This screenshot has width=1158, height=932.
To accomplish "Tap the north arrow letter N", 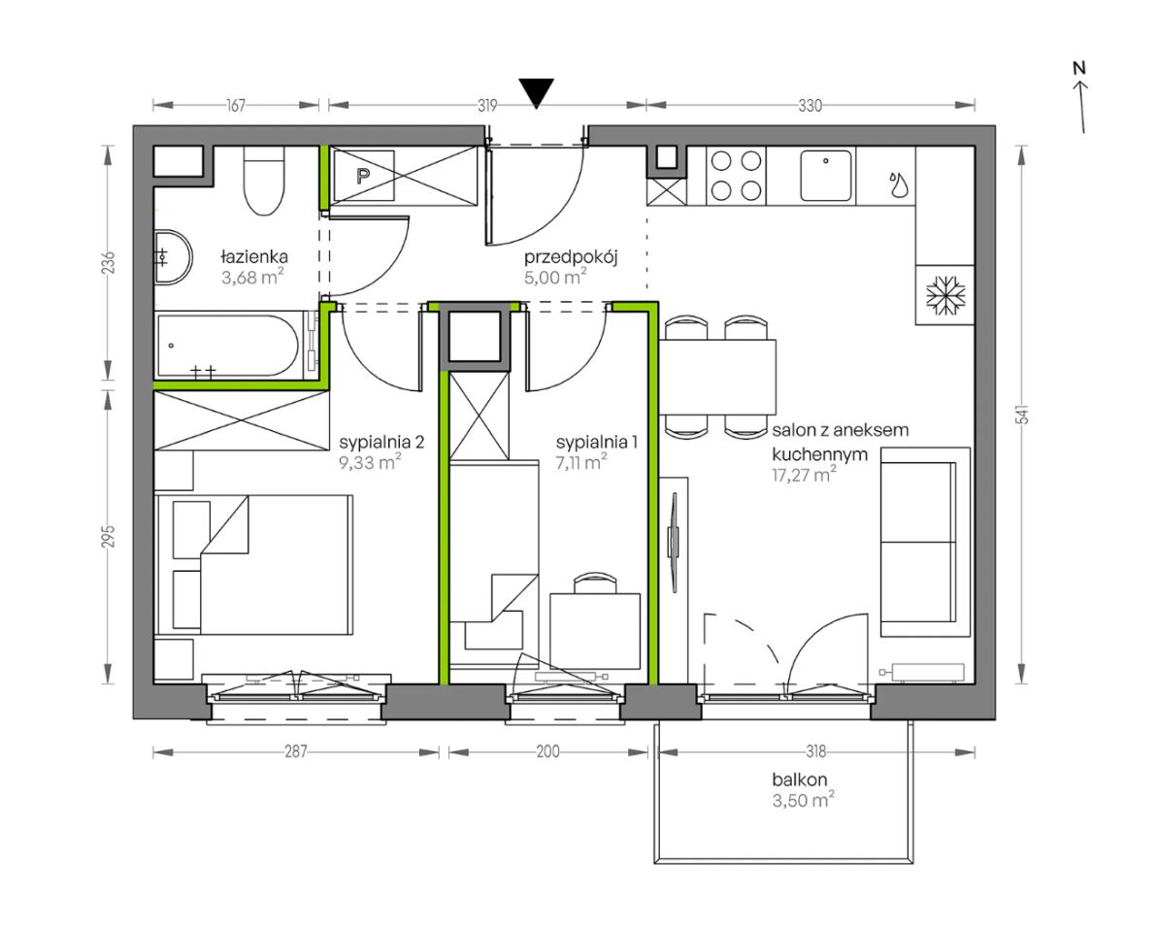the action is click(x=1079, y=68).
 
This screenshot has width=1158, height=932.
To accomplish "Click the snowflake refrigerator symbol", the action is click(x=945, y=294).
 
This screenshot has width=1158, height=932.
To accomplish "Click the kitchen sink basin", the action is click(x=826, y=175).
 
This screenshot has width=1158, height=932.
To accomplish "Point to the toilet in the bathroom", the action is click(x=264, y=181).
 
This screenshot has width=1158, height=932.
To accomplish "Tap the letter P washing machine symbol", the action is click(x=363, y=176).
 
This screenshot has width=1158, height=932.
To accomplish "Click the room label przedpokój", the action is click(x=570, y=257).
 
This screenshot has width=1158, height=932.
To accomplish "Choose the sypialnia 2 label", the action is click(x=381, y=443).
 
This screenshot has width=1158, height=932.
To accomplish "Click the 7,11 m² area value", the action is click(x=581, y=462).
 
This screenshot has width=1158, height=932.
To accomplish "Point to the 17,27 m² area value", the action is click(x=805, y=475).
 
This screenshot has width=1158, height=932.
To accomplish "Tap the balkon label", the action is click(x=799, y=780).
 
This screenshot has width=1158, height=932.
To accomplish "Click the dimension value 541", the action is click(x=1023, y=416).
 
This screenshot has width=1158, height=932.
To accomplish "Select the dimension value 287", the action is click(x=295, y=751).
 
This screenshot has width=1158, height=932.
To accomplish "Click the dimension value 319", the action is click(x=486, y=106).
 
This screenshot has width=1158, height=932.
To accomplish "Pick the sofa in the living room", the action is click(x=925, y=542).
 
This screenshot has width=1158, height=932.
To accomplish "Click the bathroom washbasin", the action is click(x=173, y=257).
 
